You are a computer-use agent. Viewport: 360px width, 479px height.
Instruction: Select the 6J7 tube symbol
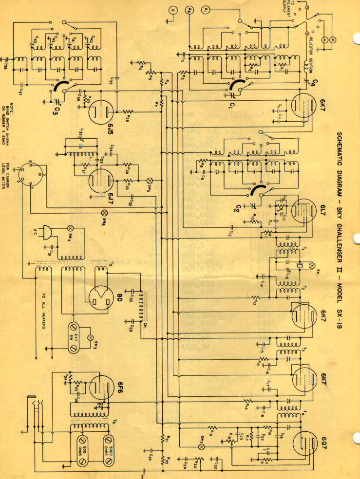click(x=99, y=177)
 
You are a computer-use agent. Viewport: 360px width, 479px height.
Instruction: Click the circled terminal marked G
click(x=171, y=9)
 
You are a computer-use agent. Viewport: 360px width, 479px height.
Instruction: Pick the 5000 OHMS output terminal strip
click(x=109, y=444)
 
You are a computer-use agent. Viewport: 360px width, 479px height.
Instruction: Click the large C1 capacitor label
click(x=233, y=105)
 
